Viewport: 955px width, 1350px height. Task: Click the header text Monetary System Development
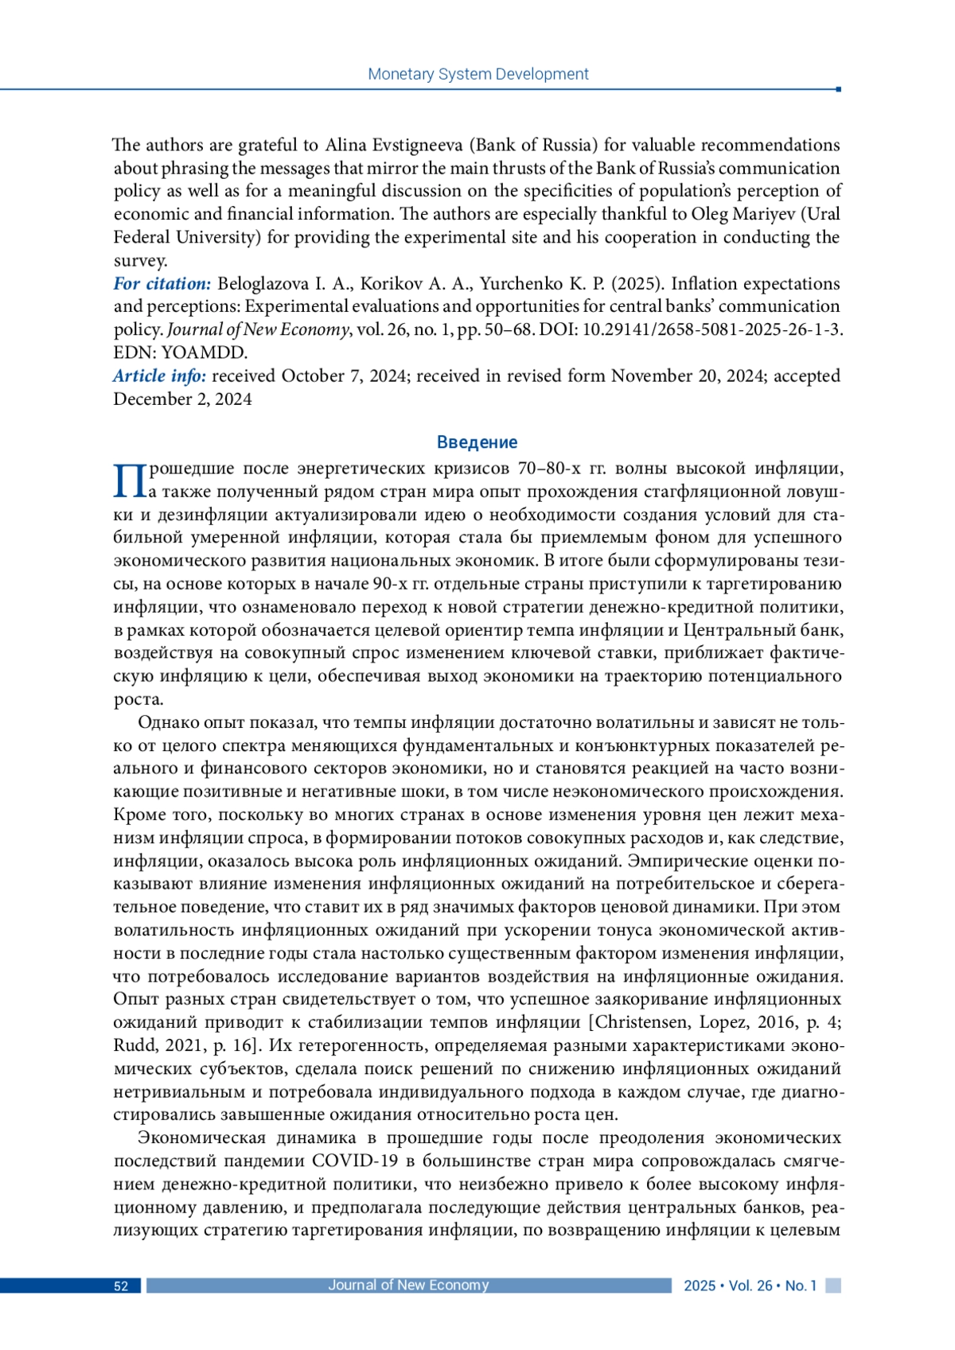pyautogui.click(x=477, y=74)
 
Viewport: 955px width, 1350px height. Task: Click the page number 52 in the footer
pyautogui.click(x=121, y=1286)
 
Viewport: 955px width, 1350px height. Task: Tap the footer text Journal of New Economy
pyautogui.click(x=408, y=1285)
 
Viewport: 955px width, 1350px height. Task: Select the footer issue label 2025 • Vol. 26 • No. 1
pyautogui.click(x=750, y=1286)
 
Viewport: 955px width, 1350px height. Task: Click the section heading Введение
pyautogui.click(x=477, y=442)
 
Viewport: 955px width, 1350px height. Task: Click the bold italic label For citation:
pyautogui.click(x=162, y=284)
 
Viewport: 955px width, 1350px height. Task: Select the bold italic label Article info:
pyautogui.click(x=159, y=376)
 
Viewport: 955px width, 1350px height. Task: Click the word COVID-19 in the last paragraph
pyautogui.click(x=355, y=1161)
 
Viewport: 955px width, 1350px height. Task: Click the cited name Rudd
pyautogui.click(x=135, y=1045)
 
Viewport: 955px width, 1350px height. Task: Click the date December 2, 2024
pyautogui.click(x=182, y=399)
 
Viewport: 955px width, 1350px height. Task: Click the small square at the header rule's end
pyautogui.click(x=838, y=89)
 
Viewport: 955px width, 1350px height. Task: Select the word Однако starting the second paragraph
pyautogui.click(x=168, y=722)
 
